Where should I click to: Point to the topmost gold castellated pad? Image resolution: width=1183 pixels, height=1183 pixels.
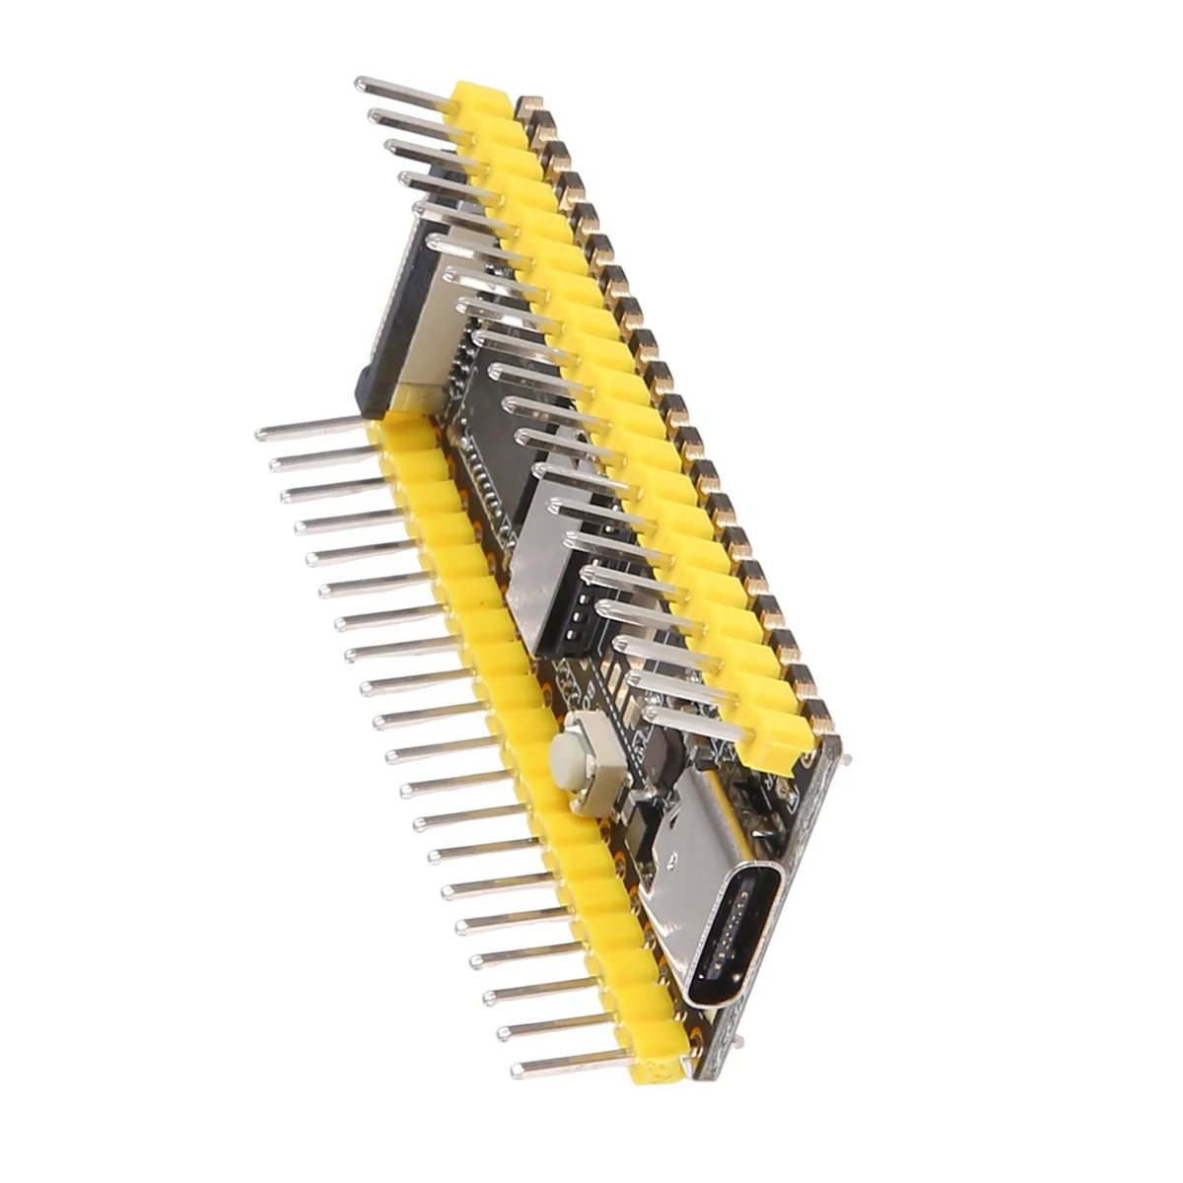pyautogui.click(x=530, y=104)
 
